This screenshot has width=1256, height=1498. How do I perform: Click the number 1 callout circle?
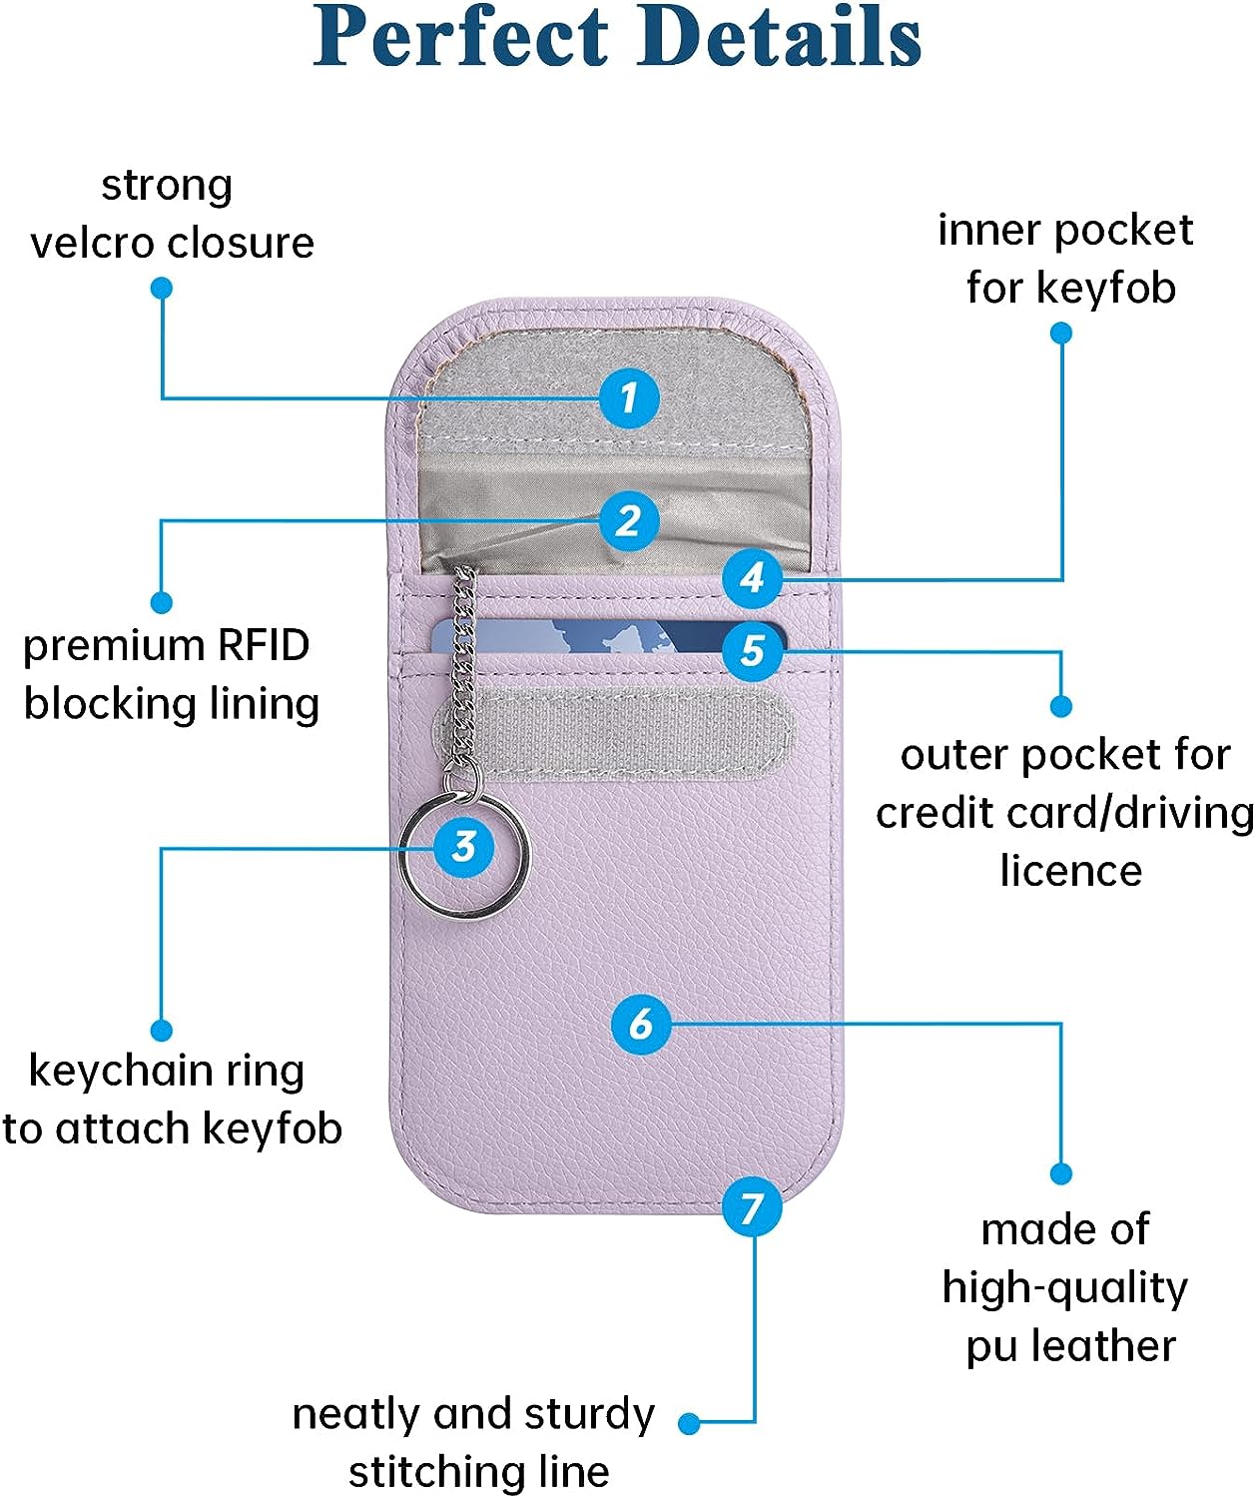click(629, 398)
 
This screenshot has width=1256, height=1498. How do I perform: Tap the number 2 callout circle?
click(629, 520)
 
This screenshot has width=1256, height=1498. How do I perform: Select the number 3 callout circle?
click(463, 847)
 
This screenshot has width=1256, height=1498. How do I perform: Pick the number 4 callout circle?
click(752, 577)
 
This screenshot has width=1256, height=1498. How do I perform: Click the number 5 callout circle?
click(752, 651)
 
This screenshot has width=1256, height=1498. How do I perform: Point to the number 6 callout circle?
click(640, 1024)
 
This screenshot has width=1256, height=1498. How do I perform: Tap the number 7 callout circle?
click(752, 1207)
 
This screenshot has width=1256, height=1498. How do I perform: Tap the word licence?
click(1070, 871)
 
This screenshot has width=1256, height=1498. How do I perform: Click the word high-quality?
click(1064, 1288)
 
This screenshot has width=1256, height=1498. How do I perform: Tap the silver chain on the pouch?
click(462, 669)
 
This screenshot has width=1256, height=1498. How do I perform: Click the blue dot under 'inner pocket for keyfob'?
click(1061, 333)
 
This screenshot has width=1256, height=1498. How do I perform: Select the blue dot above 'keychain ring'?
click(161, 1030)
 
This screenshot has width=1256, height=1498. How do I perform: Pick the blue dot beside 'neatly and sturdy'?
click(689, 1423)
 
